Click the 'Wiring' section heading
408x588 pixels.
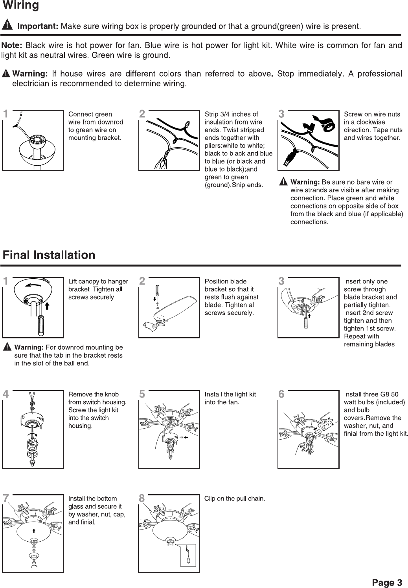coord(20,6)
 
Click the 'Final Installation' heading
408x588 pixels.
coord(49,255)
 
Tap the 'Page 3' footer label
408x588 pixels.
coord(387,582)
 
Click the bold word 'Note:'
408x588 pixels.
coord(12,46)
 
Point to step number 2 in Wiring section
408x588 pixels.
coord(142,114)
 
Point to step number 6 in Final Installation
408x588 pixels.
coord(281,394)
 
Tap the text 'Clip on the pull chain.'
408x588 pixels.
coord(235,499)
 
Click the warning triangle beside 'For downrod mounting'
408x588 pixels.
coord(7,347)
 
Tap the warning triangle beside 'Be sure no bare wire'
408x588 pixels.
coord(283,182)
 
